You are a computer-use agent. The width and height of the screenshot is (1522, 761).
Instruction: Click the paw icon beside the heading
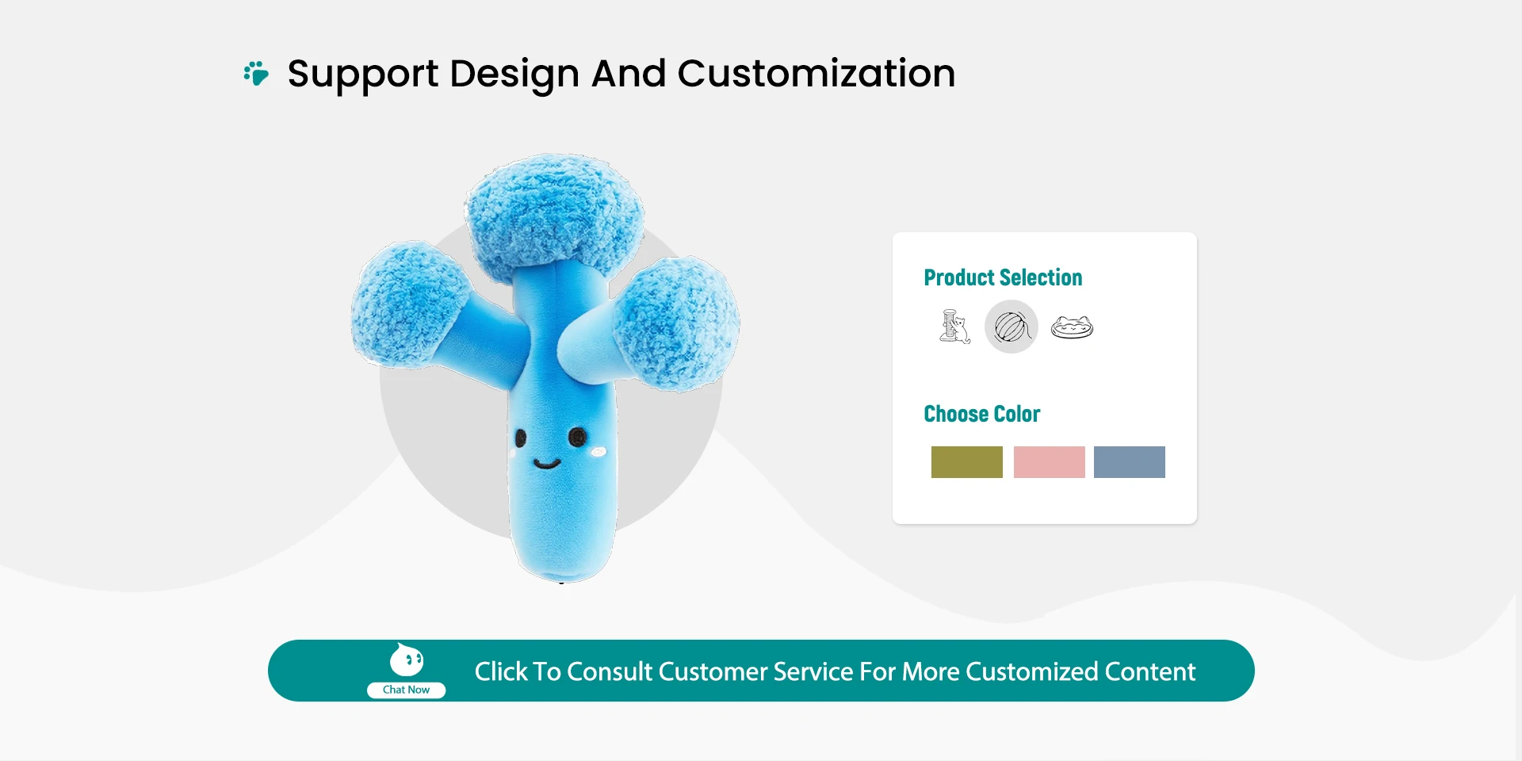coord(256,73)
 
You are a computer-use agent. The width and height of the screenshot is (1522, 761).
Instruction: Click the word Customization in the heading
coord(816,74)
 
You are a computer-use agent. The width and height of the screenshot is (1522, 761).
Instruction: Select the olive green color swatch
coord(967,462)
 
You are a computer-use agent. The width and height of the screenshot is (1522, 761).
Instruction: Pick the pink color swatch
coord(1050,462)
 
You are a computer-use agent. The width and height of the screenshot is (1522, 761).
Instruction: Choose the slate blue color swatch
coord(1130,462)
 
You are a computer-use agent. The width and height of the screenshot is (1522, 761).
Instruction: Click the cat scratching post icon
coord(954,327)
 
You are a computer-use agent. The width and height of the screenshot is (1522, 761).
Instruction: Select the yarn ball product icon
coord(1011,327)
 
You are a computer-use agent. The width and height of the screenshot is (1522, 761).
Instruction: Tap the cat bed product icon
coord(1072,327)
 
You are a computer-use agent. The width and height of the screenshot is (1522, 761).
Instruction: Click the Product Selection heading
coord(1003,277)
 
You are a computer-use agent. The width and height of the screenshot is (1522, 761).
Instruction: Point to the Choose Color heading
coord(981,414)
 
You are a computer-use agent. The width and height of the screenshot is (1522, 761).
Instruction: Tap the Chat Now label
coord(406,690)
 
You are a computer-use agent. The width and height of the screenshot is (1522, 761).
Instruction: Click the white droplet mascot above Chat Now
coord(407,660)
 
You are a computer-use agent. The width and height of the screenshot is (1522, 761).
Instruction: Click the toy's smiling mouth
coord(547,463)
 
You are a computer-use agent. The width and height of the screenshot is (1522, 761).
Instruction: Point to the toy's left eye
coord(520,437)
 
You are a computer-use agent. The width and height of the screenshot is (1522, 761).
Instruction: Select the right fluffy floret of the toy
coord(677,323)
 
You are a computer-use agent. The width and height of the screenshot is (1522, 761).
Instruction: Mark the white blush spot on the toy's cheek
coord(598,452)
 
